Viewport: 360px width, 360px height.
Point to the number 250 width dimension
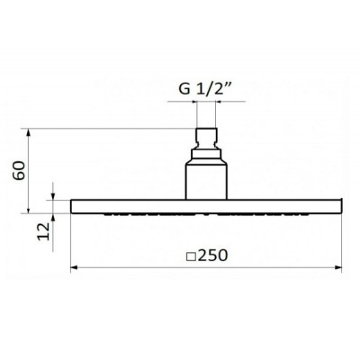[212, 255]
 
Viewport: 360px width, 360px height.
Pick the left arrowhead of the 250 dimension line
[74, 267]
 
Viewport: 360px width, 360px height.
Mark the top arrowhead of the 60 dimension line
[32, 132]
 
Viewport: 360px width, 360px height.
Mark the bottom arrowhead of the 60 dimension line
[32, 209]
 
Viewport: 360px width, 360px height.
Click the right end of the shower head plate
[341, 205]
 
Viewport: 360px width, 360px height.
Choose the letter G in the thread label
[180, 89]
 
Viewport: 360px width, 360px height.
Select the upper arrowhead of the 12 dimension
[56, 195]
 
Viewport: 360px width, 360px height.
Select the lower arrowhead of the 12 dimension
[56, 216]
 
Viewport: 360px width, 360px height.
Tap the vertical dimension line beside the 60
[32, 171]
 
